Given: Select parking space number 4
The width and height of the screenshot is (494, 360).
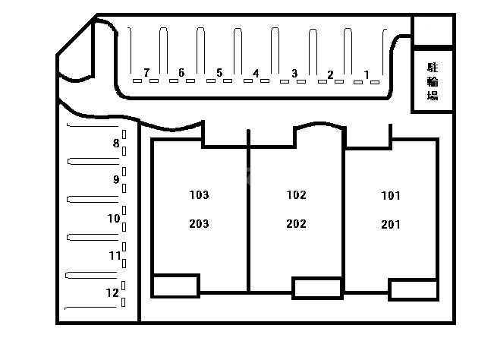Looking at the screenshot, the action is coord(256,74).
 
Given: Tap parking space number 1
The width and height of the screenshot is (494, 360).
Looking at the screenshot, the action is coord(367,74).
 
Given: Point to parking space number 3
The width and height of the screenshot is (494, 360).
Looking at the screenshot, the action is coord(294,74).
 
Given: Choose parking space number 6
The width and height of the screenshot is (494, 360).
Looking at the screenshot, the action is coord(181,73).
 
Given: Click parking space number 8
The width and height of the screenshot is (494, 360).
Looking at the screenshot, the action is coord(116,143).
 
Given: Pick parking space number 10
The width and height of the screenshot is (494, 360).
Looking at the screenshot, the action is coord(114,218).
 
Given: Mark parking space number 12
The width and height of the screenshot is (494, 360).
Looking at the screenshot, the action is coord(112,293).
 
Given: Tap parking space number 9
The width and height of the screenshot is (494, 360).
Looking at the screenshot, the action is coord(116,179).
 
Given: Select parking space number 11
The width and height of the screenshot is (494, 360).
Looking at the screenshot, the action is coord(115,255).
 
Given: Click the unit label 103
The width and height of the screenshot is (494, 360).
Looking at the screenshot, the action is coord(199,195).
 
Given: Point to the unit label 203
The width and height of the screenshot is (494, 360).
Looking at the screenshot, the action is coord(199,224).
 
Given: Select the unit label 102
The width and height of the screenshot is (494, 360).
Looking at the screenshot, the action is coord(297,195).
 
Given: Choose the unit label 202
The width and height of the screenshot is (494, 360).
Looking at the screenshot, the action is coord(297,224).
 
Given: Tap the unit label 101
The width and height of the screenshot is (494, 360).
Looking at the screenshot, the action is coord(391,196).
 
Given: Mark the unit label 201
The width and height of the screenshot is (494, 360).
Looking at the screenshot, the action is coord(391,225).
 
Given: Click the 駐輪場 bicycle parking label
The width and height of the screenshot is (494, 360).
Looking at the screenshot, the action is coord(433,81).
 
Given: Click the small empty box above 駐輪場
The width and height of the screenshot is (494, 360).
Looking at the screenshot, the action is coord(433,30).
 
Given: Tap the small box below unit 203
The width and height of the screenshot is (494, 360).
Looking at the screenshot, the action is coord(175,286).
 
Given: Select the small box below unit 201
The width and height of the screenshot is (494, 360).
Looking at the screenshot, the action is coord(414,289).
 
